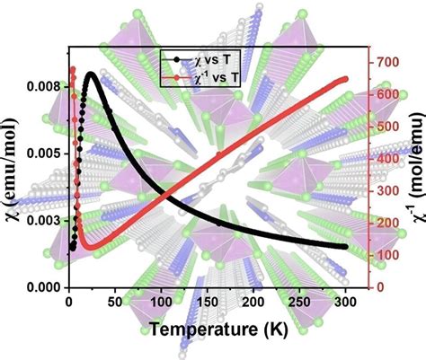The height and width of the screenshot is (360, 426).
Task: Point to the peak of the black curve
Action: coord(90,75)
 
